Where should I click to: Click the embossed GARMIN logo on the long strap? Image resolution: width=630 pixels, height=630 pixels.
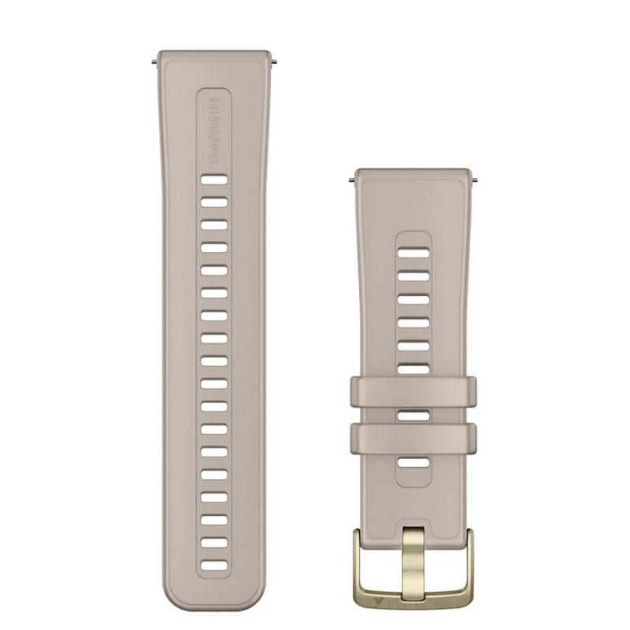(214, 130)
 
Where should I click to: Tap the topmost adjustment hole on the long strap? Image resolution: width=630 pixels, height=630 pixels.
(214, 180)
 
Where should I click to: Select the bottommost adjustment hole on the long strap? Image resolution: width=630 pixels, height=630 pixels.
(214, 566)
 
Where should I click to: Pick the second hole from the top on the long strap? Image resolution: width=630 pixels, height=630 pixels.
(214, 202)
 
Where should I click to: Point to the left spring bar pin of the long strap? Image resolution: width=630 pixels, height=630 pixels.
(154, 61)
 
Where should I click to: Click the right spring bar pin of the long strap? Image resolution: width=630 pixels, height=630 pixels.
(274, 61)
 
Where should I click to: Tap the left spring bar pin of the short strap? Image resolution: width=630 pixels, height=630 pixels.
(351, 180)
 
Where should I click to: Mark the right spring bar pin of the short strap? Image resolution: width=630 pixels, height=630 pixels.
(475, 180)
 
